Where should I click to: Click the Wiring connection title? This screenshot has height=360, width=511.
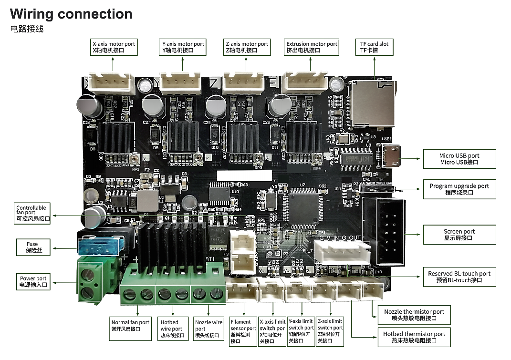pyautogui.click(x=71, y=14)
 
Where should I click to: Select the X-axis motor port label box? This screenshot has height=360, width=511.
pyautogui.click(x=114, y=47)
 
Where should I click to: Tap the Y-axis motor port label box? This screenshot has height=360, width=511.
pyautogui.click(x=183, y=47)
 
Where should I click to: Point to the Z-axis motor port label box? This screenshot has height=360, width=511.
pyautogui.click(x=247, y=47)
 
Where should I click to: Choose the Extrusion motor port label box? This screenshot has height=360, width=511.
pyautogui.click(x=312, y=47)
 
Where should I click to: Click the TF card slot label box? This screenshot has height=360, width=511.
pyautogui.click(x=374, y=47)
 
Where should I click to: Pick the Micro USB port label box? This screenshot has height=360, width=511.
pyautogui.click(x=459, y=159)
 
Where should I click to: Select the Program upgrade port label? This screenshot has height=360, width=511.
pyautogui.click(x=459, y=189)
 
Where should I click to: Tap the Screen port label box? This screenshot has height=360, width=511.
pyautogui.click(x=459, y=235)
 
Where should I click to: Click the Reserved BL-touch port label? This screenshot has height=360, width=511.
pyautogui.click(x=459, y=277)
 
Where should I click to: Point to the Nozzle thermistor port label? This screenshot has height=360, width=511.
pyautogui.click(x=414, y=315)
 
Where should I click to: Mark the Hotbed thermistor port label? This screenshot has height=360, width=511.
pyautogui.click(x=414, y=337)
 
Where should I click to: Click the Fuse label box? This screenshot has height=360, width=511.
pyautogui.click(x=32, y=247)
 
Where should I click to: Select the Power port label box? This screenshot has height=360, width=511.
pyautogui.click(x=33, y=281)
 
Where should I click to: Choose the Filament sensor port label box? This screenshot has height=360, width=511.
pyautogui.click(x=243, y=331)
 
